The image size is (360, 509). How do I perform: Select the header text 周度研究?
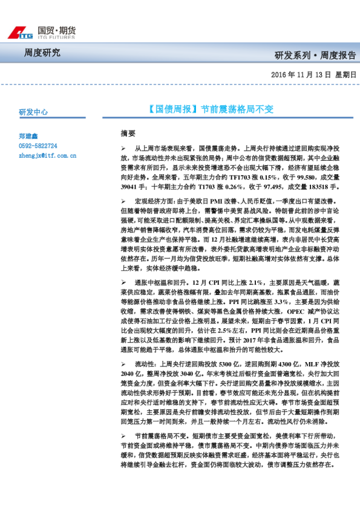(x=42, y=53)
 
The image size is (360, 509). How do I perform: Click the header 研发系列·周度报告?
(x=315, y=56)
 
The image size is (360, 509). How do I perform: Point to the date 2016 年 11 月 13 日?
(x=299, y=75)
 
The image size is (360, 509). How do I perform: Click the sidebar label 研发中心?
(x=33, y=112)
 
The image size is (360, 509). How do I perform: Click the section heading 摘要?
(x=128, y=132)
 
